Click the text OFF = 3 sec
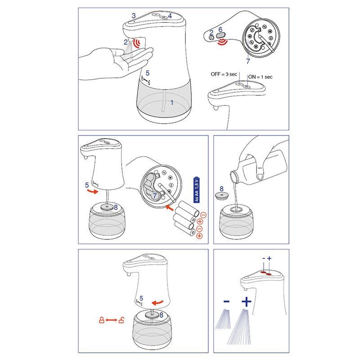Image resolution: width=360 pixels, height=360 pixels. (x=224, y=74)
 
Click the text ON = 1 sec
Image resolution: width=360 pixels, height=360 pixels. (x=260, y=77)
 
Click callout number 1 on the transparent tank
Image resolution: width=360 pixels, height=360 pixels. (x=172, y=103)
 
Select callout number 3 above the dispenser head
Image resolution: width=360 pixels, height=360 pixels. (x=134, y=16)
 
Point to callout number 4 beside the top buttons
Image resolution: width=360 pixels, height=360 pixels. (x=170, y=16)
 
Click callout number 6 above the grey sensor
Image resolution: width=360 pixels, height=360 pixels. (x=220, y=29)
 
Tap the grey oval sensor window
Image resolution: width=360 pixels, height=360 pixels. (x=220, y=35)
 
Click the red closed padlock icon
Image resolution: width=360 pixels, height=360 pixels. (x=102, y=320)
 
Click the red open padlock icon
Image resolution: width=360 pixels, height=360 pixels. (x=121, y=320)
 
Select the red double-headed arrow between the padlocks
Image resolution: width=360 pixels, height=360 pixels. (x=111, y=320)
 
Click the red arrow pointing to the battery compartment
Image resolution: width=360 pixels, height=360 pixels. (x=170, y=208)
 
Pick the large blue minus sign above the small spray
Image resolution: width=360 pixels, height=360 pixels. (x=226, y=301)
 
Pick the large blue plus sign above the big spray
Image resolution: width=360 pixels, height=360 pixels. (x=247, y=301)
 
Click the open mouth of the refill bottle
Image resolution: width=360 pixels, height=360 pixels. (x=234, y=176)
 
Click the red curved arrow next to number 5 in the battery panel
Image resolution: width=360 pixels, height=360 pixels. (x=93, y=191)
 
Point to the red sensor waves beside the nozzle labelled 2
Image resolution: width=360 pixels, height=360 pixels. (x=138, y=43)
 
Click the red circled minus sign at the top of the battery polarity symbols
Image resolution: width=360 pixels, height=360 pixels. (x=203, y=215)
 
